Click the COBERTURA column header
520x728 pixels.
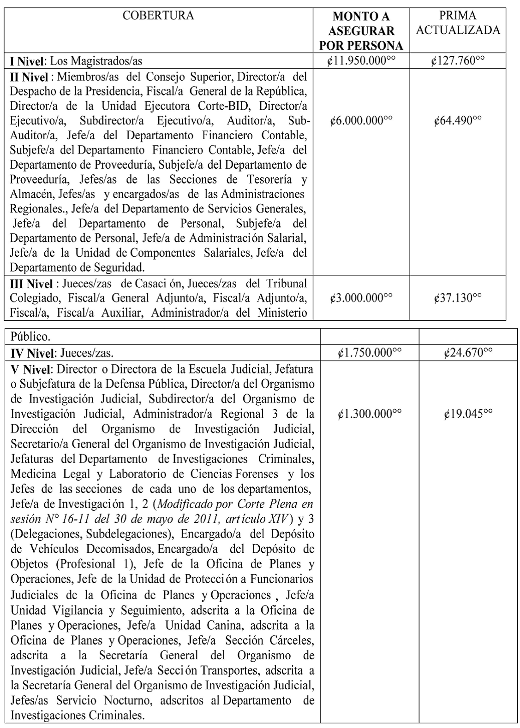pos(158,16)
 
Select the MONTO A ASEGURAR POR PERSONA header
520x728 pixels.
pos(361,31)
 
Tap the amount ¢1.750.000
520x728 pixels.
pos(369,353)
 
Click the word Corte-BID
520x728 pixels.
pos(227,106)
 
